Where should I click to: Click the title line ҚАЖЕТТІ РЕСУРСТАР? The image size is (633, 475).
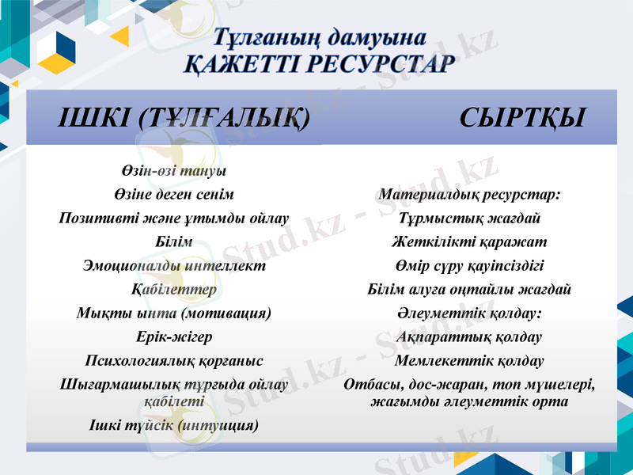pos(320,63)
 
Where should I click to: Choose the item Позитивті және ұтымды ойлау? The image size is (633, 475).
pos(173,218)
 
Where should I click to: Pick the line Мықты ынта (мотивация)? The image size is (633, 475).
pos(173,313)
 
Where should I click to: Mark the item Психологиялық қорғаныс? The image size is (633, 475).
pos(173,361)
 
